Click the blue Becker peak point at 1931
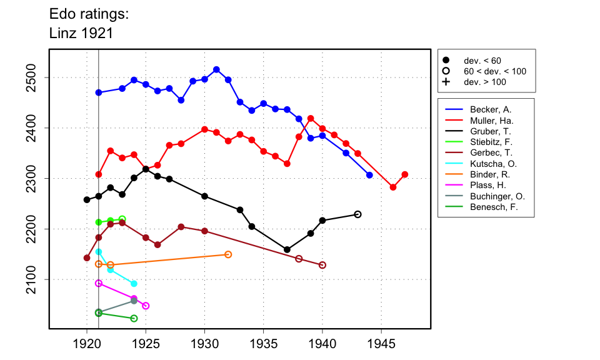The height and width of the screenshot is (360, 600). point(216,69)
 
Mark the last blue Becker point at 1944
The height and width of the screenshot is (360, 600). point(369,175)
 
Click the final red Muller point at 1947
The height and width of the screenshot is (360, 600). point(405,174)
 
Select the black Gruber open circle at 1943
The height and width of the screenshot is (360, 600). point(357,214)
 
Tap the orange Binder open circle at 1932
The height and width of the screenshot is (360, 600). point(228,254)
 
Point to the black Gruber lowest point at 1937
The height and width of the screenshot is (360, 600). point(287,249)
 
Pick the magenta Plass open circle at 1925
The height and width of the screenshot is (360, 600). point(146,306)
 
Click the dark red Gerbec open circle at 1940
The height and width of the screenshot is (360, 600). point(322,265)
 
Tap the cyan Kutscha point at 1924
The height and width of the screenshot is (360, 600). point(134,284)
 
